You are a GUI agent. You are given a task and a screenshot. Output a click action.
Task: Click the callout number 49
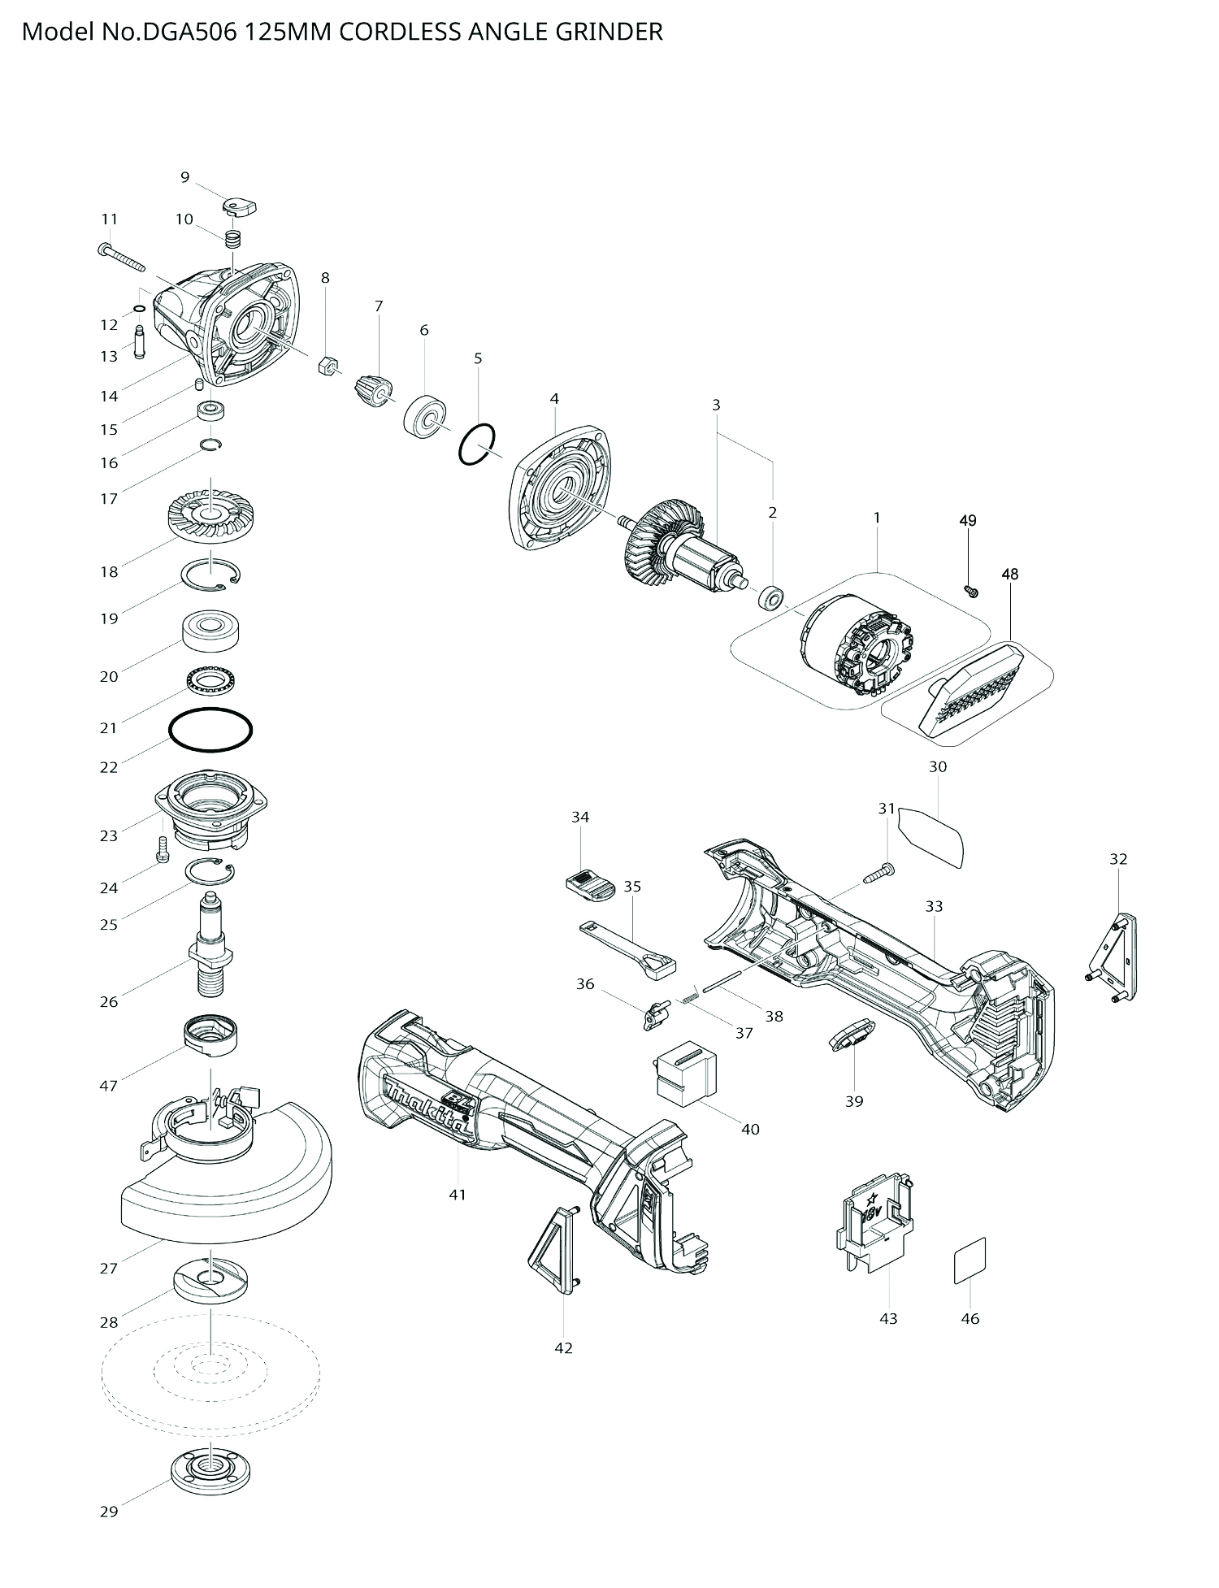pyautogui.click(x=967, y=520)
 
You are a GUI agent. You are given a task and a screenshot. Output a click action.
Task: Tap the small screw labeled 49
pyautogui.click(x=970, y=591)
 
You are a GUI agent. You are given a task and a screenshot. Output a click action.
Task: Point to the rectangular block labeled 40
pyautogui.click(x=686, y=1073)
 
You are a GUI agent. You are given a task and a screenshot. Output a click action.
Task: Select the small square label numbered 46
pyautogui.click(x=970, y=1260)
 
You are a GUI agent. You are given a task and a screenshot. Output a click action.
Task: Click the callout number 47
pyautogui.click(x=108, y=1085)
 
